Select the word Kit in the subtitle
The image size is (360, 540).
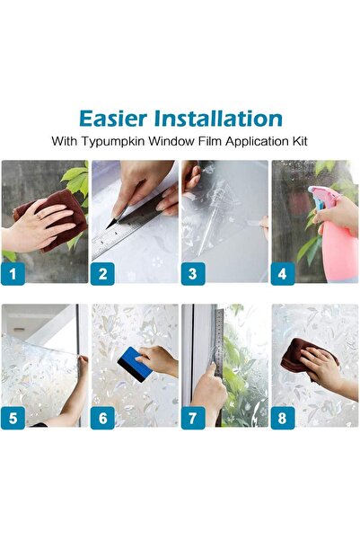pos(297,141)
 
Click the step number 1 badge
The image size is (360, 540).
pos(13,272)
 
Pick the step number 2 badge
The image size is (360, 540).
pos(102,272)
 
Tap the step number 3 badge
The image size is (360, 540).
pos(193,272)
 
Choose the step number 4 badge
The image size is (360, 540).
pos(284,272)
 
